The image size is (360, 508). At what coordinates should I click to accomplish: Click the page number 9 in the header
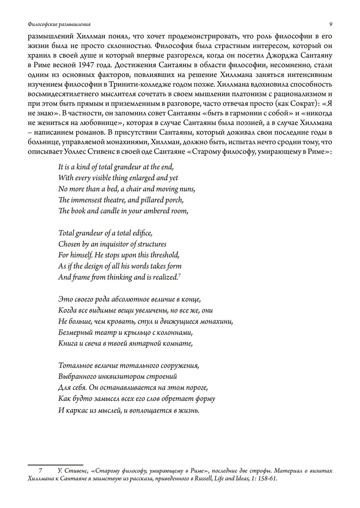330,24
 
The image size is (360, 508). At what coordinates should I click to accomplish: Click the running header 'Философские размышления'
59,24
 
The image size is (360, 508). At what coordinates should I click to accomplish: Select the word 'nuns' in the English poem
187,189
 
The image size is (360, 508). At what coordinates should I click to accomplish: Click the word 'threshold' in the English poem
164,255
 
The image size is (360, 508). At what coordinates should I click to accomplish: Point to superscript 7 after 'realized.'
179,275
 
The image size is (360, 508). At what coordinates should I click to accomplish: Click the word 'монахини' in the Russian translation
219,321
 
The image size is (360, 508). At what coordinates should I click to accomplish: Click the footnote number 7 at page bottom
41,471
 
